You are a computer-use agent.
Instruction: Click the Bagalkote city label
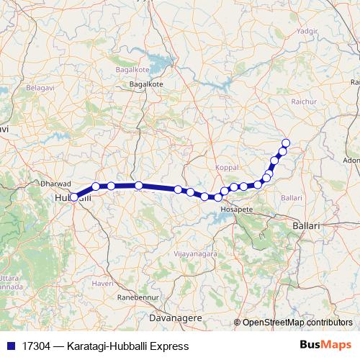tap(146, 84)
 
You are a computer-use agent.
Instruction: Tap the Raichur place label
tap(303, 102)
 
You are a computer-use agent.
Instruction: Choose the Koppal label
tap(226, 167)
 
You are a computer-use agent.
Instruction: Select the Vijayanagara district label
tap(191, 255)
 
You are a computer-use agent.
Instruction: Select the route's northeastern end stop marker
tap(286, 143)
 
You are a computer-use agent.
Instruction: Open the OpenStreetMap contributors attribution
tap(297, 323)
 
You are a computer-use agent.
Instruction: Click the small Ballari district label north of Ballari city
tap(291, 197)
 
